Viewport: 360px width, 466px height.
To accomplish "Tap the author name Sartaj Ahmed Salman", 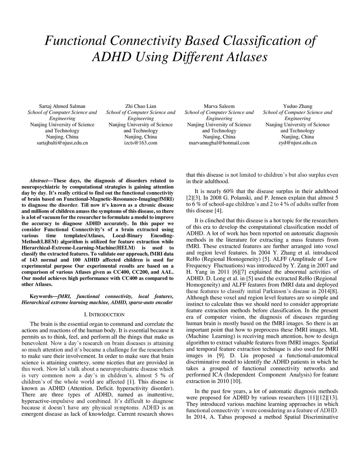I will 62,106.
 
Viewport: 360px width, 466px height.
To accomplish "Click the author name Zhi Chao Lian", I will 141,106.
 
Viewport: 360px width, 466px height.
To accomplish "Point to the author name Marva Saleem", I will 219,106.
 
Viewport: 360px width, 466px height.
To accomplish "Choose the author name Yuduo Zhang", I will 298,106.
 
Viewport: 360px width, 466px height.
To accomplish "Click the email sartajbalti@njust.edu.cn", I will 62,143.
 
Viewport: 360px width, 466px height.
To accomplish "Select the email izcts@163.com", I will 141,143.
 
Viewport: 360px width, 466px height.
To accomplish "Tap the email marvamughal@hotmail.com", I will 219,143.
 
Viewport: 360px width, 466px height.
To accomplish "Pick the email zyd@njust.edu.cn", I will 298,143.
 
